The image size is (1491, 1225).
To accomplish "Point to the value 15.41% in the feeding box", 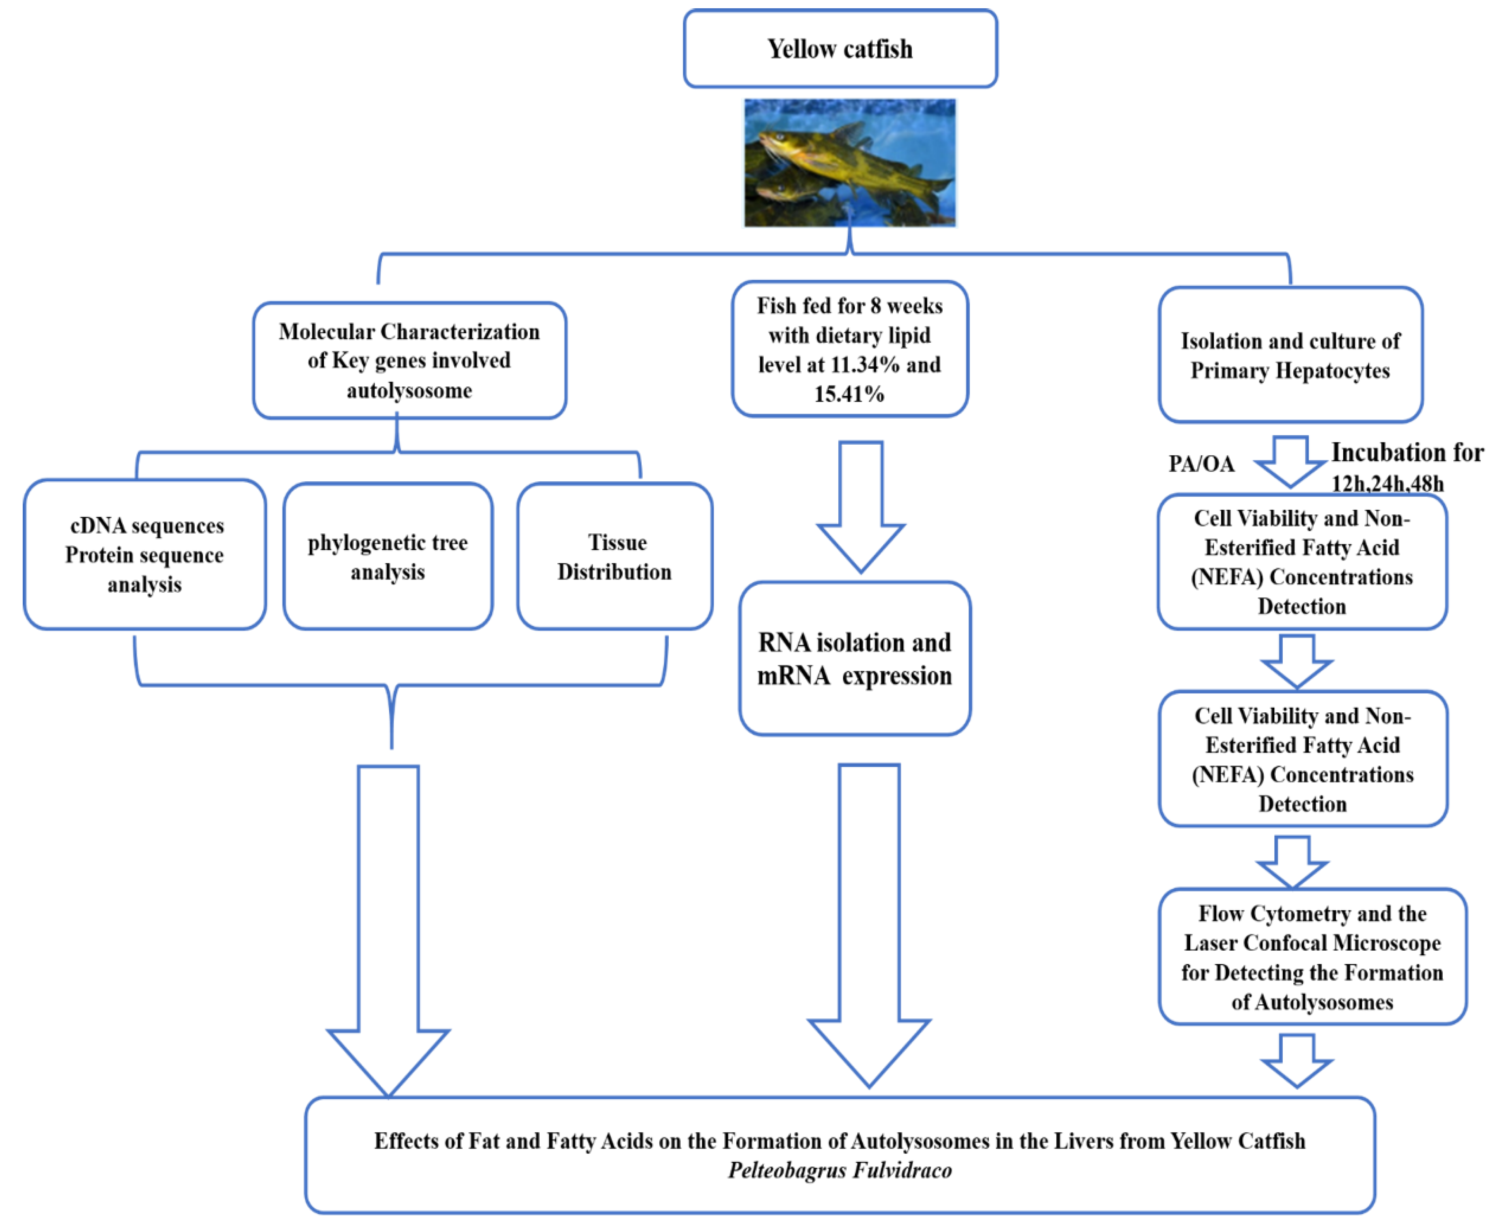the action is click(x=849, y=394).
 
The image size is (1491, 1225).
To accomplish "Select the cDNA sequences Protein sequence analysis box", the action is click(x=145, y=555).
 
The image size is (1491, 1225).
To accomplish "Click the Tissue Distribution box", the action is click(x=615, y=556).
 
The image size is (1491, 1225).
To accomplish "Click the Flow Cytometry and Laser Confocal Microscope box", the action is click(x=1312, y=957).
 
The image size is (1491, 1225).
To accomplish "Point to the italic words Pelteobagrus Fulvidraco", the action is click(x=840, y=1171).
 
